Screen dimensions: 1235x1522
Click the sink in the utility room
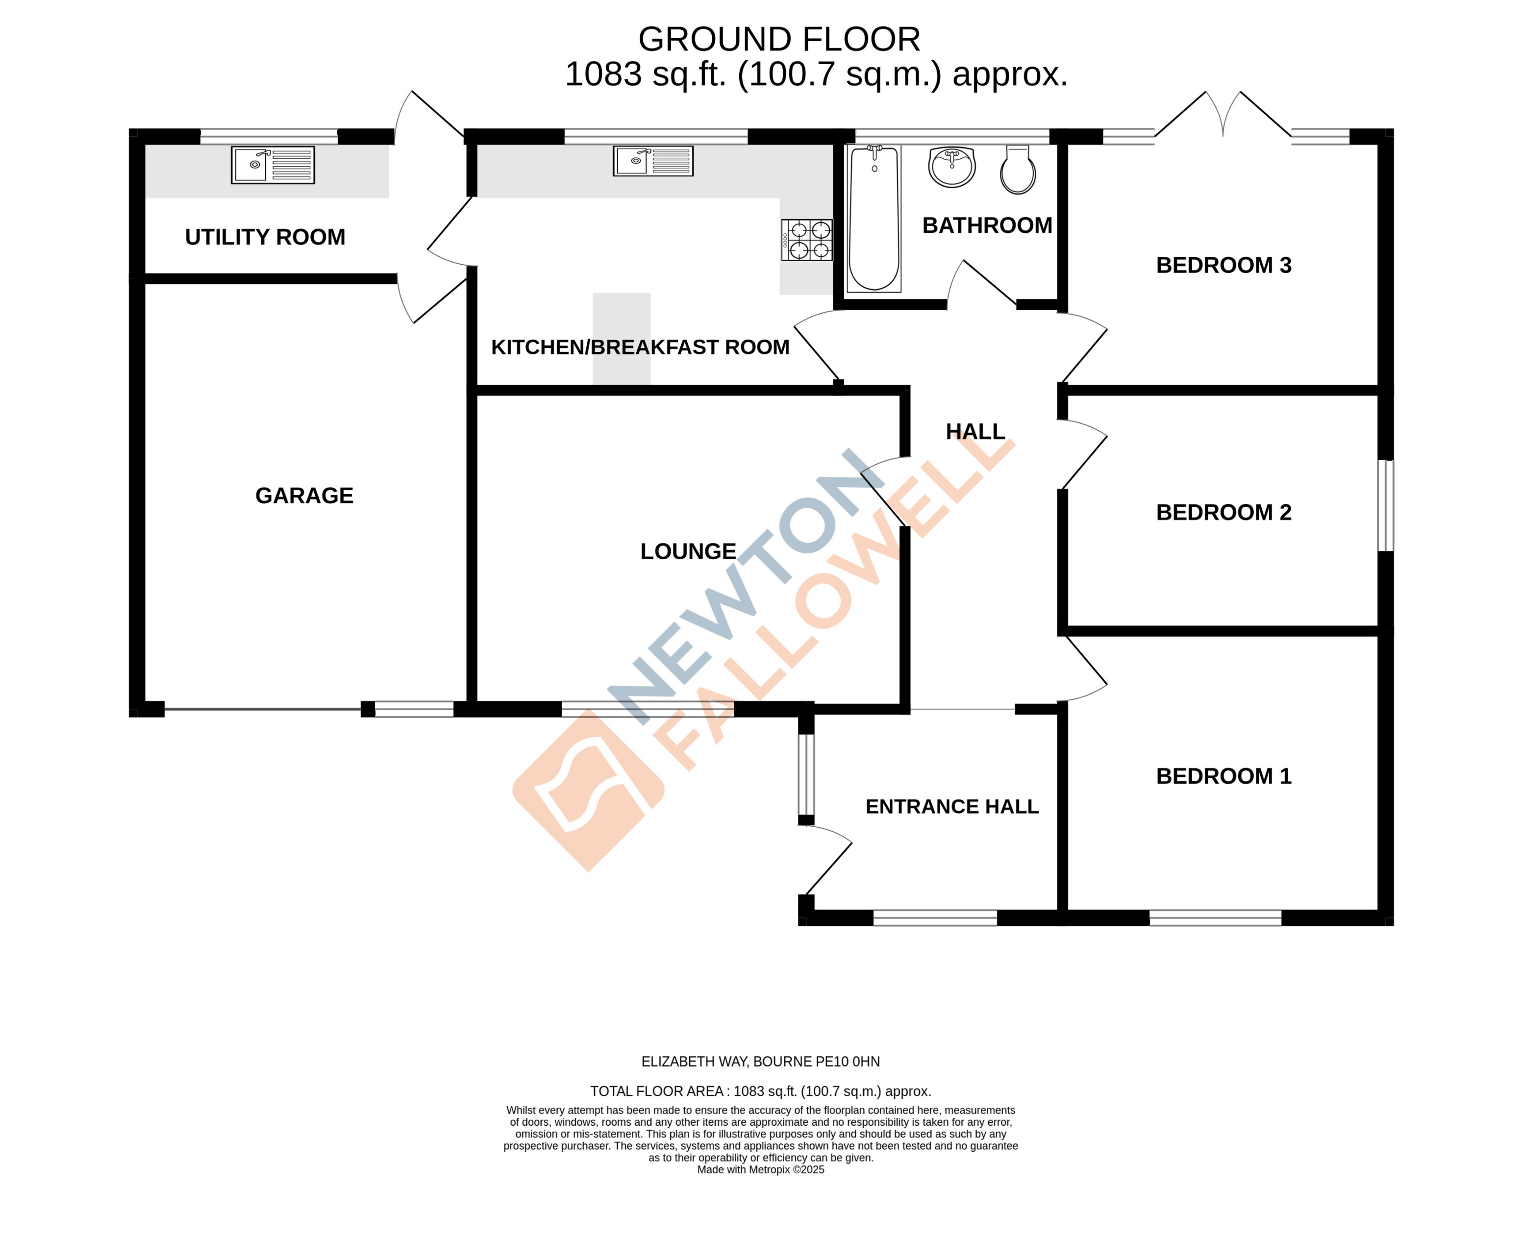273,165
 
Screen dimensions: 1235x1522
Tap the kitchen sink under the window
652,161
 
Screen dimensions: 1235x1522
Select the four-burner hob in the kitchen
806,240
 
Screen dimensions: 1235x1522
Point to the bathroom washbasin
951,167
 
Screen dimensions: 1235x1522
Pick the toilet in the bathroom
1018,170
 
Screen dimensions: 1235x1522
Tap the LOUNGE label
687,551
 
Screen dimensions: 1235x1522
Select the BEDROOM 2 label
1223,512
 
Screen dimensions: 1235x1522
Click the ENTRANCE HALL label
951,806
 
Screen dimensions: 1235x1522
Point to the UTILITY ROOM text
265,237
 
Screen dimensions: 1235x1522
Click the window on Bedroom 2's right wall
1385,505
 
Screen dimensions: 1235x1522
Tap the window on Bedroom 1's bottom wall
1215,918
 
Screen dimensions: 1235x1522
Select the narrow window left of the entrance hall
805,774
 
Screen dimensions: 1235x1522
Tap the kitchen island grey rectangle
621,339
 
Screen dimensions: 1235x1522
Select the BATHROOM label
986,225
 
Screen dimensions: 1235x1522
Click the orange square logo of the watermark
588,790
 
